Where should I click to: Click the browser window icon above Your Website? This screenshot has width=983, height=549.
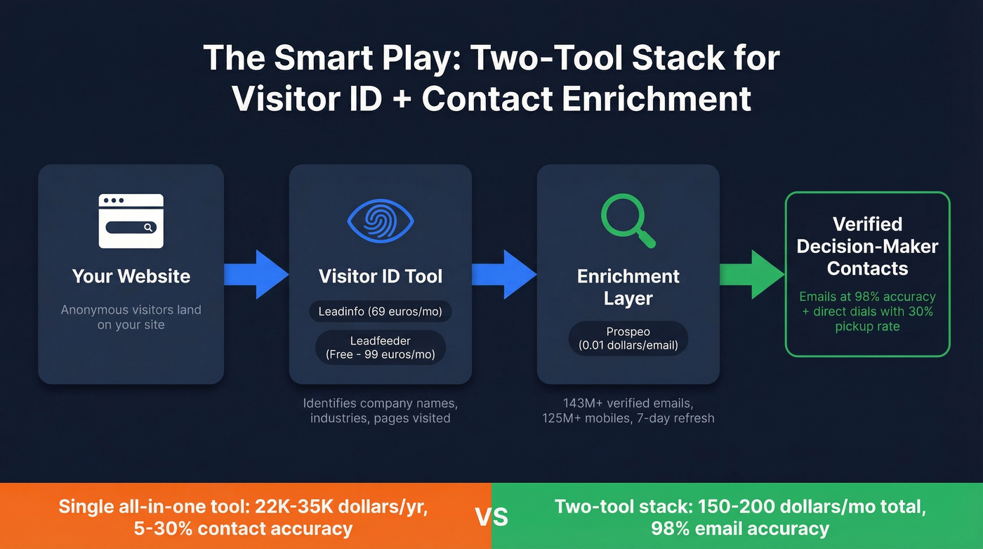pyautogui.click(x=131, y=221)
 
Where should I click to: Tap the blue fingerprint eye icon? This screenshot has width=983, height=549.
pyautogui.click(x=381, y=220)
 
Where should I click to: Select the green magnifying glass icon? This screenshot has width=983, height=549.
pyautogui.click(x=628, y=221)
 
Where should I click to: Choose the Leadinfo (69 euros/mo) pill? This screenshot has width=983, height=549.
pyautogui.click(x=381, y=311)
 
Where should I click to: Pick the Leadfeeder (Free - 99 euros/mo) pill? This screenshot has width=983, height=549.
pyautogui.click(x=381, y=347)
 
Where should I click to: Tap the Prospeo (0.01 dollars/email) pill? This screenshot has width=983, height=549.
pyautogui.click(x=628, y=338)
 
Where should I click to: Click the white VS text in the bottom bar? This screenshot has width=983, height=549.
pyautogui.click(x=491, y=517)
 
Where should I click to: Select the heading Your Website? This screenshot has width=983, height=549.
pyautogui.click(x=131, y=276)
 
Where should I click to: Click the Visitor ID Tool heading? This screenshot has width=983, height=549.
pyautogui.click(x=381, y=276)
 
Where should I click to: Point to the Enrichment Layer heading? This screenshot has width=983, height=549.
pyautogui.click(x=628, y=287)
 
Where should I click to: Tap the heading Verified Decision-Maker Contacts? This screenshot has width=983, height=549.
pyautogui.click(x=867, y=246)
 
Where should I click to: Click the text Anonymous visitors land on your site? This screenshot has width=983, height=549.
pyautogui.click(x=131, y=317)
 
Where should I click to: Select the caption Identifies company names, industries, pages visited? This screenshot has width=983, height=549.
pyautogui.click(x=381, y=411)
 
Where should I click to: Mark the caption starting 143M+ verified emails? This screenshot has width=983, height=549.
pyautogui.click(x=628, y=411)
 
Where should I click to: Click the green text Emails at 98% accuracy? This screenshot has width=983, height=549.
pyautogui.click(x=867, y=297)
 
